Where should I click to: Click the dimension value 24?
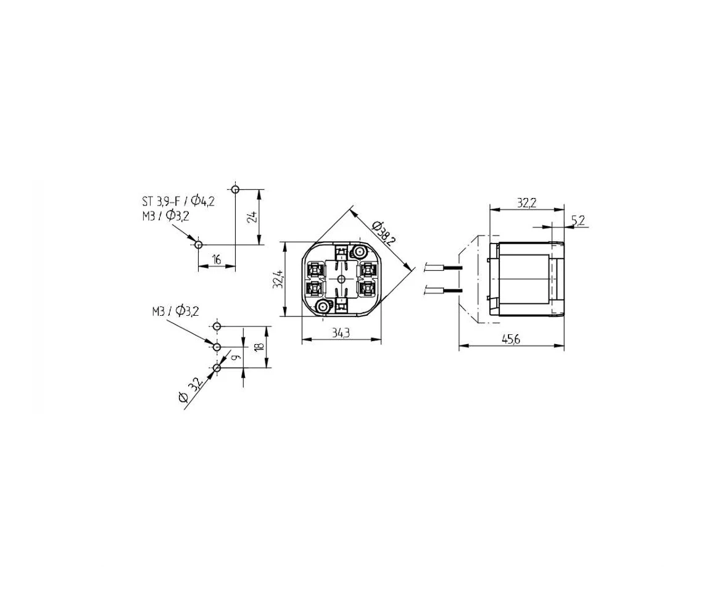click(x=252, y=216)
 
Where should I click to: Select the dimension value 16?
click(x=217, y=260)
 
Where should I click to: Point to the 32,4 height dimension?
click(x=278, y=279)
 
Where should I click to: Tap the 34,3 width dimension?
click(x=341, y=333)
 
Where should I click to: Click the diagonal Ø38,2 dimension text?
click(x=383, y=233)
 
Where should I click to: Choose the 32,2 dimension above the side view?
click(x=526, y=203)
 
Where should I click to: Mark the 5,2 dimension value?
click(x=578, y=221)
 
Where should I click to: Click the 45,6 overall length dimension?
click(x=511, y=340)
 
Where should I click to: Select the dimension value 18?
click(x=260, y=346)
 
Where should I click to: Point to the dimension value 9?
click(x=236, y=357)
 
